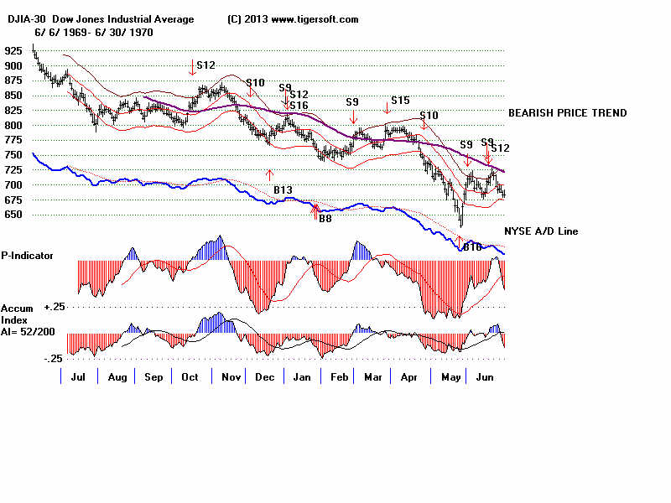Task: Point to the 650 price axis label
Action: [14, 215]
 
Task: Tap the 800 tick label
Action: [14, 125]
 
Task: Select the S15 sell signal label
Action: [400, 101]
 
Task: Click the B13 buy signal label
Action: [283, 190]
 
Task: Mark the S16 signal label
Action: [299, 106]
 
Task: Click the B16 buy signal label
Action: [473, 246]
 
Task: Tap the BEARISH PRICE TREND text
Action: [567, 113]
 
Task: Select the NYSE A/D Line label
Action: [541, 231]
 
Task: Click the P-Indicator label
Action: [28, 255]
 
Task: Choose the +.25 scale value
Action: [55, 307]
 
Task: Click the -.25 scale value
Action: [53, 359]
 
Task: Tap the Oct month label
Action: [190, 378]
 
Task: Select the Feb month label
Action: [338, 378]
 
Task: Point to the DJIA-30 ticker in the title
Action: [23, 19]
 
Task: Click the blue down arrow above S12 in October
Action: [193, 65]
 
